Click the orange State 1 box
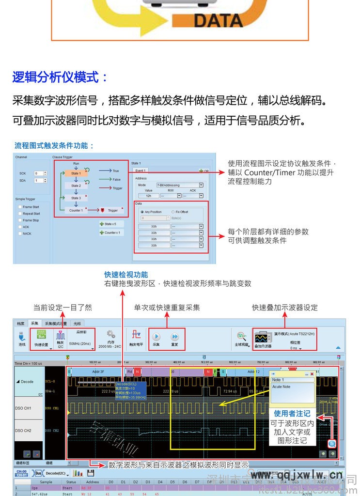(76, 173)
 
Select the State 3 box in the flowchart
(76, 198)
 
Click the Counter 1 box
(76, 210)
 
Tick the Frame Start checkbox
(20, 207)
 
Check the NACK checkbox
(20, 233)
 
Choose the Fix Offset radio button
(173, 212)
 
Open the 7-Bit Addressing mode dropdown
(180, 185)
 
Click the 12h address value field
(148, 196)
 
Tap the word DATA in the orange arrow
(218, 20)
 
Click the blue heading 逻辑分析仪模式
(61, 77)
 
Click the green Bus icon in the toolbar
(41, 335)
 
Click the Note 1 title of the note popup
(278, 380)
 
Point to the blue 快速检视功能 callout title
(126, 275)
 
